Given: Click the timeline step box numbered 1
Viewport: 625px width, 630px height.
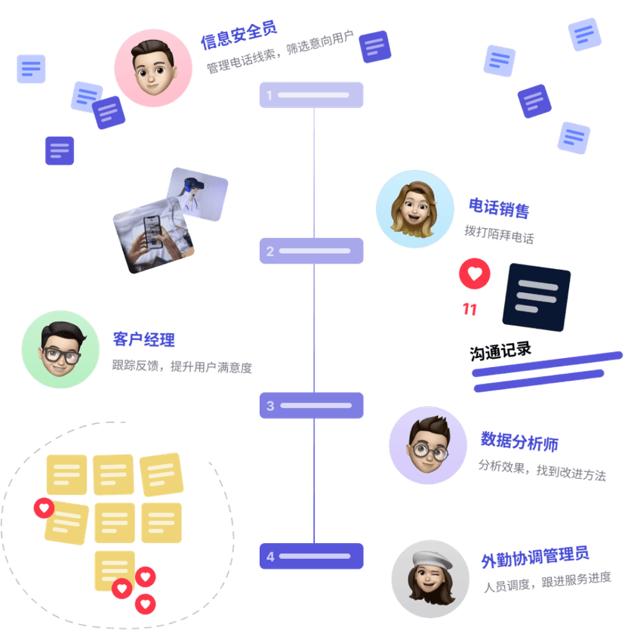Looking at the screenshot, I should tap(311, 95).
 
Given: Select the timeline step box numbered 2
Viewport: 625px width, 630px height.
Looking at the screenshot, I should tap(311, 251).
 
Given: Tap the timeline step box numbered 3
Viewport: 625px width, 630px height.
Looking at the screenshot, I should tap(311, 406).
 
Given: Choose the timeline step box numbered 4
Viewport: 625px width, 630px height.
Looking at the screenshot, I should tap(311, 556).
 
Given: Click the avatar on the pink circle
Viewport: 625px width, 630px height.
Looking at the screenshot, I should tap(153, 68).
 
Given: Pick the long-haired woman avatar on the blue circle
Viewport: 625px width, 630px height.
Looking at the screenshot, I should tap(414, 208).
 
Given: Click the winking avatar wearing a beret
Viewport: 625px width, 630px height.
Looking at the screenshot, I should tap(429, 579).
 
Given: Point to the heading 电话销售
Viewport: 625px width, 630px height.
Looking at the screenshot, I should tap(498, 207).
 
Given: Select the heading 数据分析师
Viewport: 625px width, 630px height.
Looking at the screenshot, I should tap(519, 440).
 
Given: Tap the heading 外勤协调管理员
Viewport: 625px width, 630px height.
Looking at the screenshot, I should tap(534, 557).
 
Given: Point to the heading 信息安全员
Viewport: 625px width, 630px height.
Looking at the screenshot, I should tap(239, 35).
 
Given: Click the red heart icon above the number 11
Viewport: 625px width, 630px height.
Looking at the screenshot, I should tap(474, 275).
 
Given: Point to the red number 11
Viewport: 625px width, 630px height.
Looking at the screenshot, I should tap(470, 310).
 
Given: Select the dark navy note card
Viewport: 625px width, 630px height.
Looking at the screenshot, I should tap(536, 297).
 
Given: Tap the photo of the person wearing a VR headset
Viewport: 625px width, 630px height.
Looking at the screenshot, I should tap(197, 193).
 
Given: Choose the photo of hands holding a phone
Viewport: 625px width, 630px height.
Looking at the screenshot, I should tap(153, 239).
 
